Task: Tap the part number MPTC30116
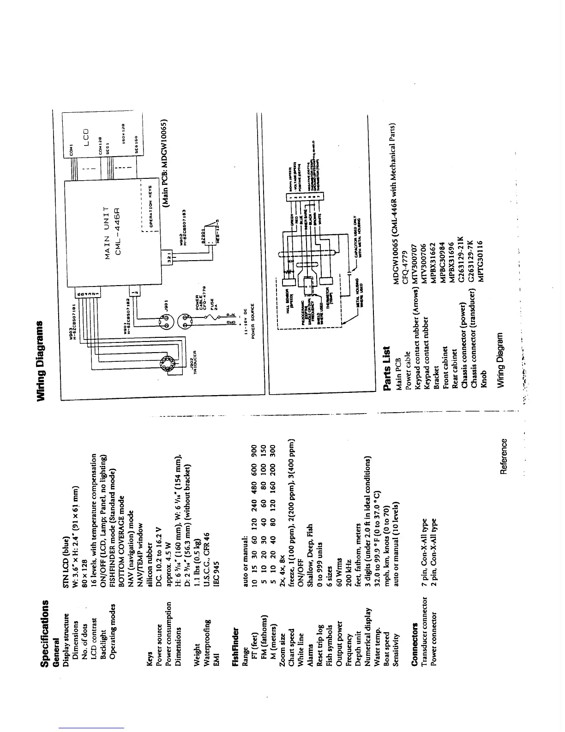(481, 260)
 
